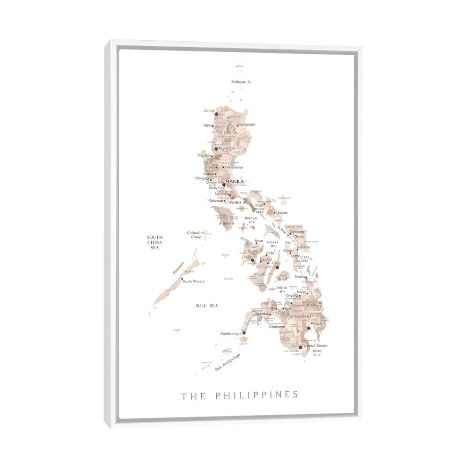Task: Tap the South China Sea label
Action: pos(154,242)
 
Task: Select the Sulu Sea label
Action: pos(207,306)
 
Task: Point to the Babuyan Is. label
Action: pos(241,82)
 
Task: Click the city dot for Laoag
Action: pos(216,114)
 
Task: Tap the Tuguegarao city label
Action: pos(246,124)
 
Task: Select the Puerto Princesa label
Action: pos(194,281)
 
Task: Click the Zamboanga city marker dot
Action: pos(244,333)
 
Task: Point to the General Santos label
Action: pos(315,345)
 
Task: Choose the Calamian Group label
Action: pos(196,234)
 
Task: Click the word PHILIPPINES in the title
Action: pos(256,395)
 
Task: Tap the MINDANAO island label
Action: pos(300,316)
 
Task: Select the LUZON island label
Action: pos(230,133)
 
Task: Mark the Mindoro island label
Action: pos(227,223)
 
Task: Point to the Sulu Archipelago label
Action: pos(227,362)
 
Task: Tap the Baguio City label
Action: pos(227,148)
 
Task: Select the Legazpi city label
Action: pos(282,212)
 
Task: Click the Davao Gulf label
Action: pos(317,352)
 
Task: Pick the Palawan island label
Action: pos(178,267)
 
